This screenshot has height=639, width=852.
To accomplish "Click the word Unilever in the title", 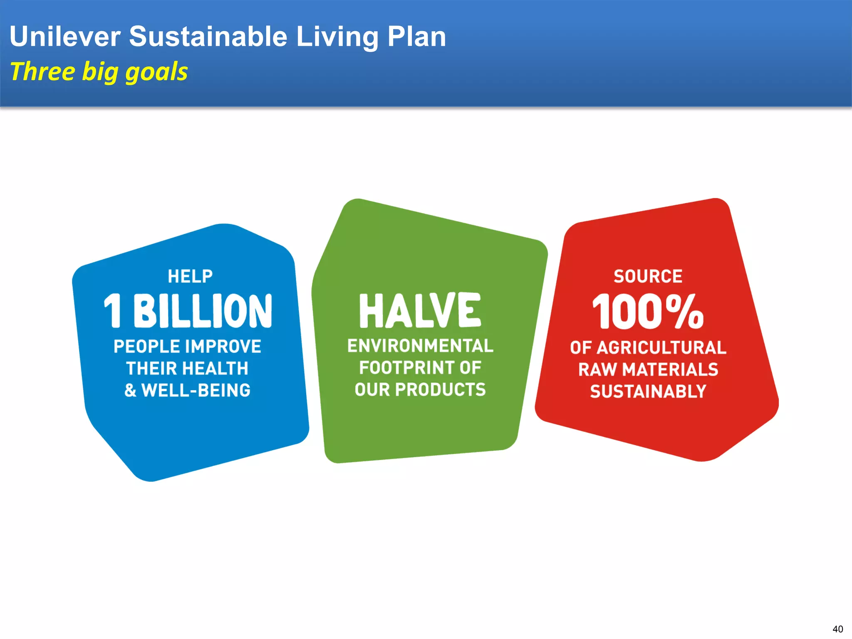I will pyautogui.click(x=65, y=37).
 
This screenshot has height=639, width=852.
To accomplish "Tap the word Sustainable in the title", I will pyautogui.click(x=208, y=37).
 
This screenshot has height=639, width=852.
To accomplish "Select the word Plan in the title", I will pyautogui.click(x=416, y=37).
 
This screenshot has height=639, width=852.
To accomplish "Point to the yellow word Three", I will pyautogui.click(x=42, y=72).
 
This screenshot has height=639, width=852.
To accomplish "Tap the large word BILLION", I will pyautogui.click(x=203, y=311).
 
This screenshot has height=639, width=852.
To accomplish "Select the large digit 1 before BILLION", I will pyautogui.click(x=112, y=311).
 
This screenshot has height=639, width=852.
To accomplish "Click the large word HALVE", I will pyautogui.click(x=420, y=310).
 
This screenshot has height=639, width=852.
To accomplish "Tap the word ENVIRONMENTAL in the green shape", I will pyautogui.click(x=420, y=346).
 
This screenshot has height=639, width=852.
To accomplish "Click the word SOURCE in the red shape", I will pyautogui.click(x=648, y=277).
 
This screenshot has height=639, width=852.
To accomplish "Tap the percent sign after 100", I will pyautogui.click(x=684, y=311).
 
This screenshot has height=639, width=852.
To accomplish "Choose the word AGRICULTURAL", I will pyautogui.click(x=661, y=348).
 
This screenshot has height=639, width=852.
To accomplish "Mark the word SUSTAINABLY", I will pyautogui.click(x=648, y=391).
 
